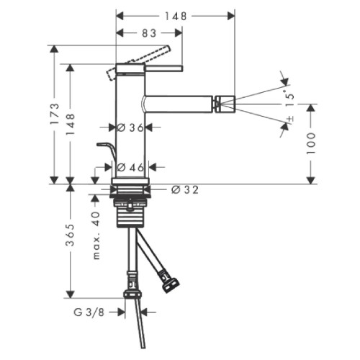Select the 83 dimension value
tap(148, 33)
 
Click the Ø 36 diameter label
tap(131, 127)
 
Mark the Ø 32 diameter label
tap(185, 190)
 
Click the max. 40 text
tap(96, 236)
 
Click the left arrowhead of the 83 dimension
tap(120, 33)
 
